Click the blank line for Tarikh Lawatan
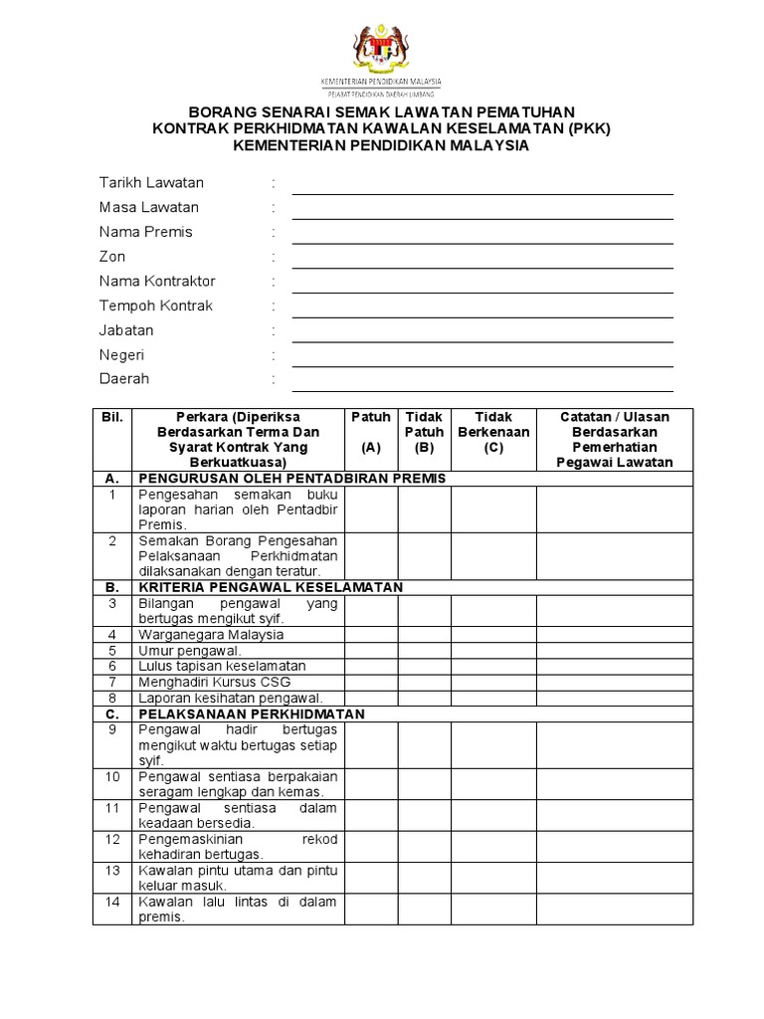point(482,185)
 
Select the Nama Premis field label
point(146,232)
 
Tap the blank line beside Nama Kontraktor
point(482,284)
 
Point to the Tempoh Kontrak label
point(156,306)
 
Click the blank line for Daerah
point(482,382)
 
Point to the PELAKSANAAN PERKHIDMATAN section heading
point(252,714)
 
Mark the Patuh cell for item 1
point(371,509)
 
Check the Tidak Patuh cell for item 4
point(425,635)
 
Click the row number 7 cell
point(112,682)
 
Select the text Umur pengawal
point(190,651)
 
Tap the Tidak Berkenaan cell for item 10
point(493,784)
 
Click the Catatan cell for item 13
point(615,878)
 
